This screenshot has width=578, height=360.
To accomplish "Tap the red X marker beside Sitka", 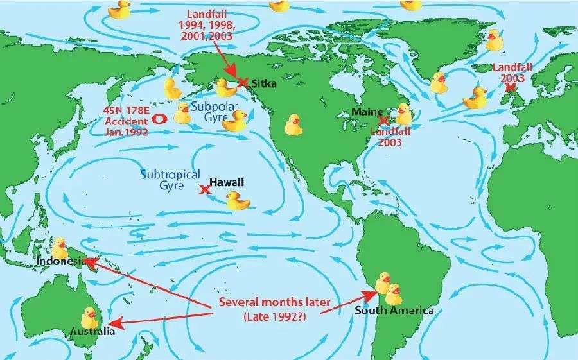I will point(242,82).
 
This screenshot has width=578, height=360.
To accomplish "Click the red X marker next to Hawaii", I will point(205,189).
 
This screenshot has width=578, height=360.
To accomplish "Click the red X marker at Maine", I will point(383,120).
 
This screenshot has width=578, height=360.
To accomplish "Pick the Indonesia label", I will point(60,261).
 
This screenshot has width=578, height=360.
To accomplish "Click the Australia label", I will point(94,331).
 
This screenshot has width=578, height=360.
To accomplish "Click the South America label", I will point(394,311).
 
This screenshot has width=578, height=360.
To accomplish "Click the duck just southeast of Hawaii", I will point(238,201).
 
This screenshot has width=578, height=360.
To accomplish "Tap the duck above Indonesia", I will point(60,247).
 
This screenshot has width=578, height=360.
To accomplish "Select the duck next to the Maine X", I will point(403,114).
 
